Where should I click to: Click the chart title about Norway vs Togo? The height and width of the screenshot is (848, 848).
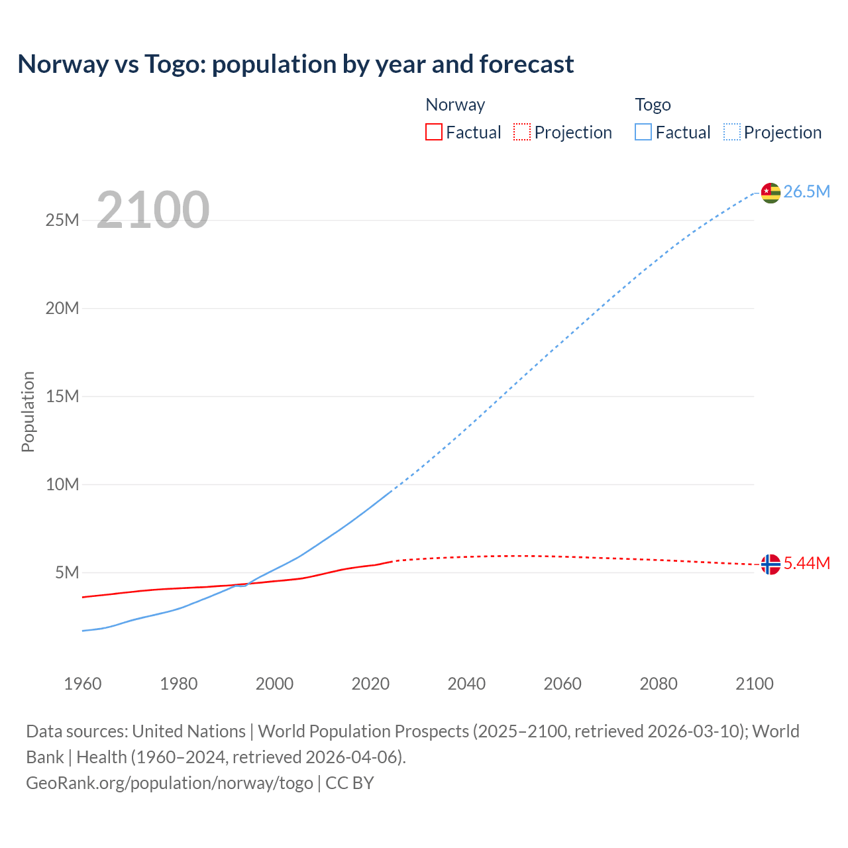click(x=295, y=64)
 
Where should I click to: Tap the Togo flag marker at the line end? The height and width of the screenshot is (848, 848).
click(x=770, y=192)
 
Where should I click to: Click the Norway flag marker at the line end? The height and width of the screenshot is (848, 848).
click(x=770, y=564)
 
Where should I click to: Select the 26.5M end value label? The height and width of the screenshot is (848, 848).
click(x=806, y=192)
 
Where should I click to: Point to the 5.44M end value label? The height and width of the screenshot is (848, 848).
click(x=806, y=564)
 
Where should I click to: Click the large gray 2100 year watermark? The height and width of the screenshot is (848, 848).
click(x=153, y=210)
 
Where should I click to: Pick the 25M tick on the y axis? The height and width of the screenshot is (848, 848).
click(x=62, y=220)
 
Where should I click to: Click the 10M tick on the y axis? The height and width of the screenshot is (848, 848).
click(x=62, y=484)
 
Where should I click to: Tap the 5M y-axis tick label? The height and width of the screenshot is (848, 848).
click(x=67, y=572)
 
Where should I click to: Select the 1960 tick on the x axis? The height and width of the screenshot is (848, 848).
click(x=83, y=684)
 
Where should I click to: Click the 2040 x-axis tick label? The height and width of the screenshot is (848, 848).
click(x=466, y=684)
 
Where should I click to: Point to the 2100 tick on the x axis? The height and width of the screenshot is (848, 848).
click(x=754, y=684)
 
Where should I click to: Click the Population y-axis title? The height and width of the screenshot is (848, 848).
click(x=28, y=411)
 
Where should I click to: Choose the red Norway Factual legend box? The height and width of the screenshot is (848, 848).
click(x=434, y=132)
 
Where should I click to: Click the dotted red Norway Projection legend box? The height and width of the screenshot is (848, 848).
click(x=522, y=132)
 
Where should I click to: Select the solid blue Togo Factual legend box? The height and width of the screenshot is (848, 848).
click(x=643, y=132)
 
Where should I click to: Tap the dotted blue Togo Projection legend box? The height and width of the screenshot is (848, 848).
click(x=731, y=132)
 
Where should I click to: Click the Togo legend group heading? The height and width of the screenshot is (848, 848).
click(x=653, y=105)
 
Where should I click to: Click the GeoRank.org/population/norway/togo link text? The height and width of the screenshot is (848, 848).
click(x=170, y=783)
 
